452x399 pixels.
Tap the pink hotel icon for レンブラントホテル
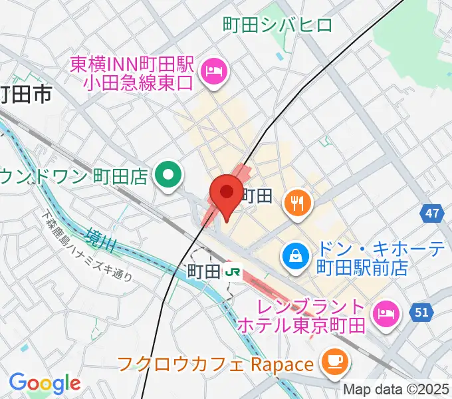[x=386, y=310]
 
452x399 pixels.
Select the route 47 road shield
[x=433, y=213]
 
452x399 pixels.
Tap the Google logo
[x=45, y=382]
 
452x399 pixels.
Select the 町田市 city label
[x=25, y=96]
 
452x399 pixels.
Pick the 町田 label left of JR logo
[x=203, y=271]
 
